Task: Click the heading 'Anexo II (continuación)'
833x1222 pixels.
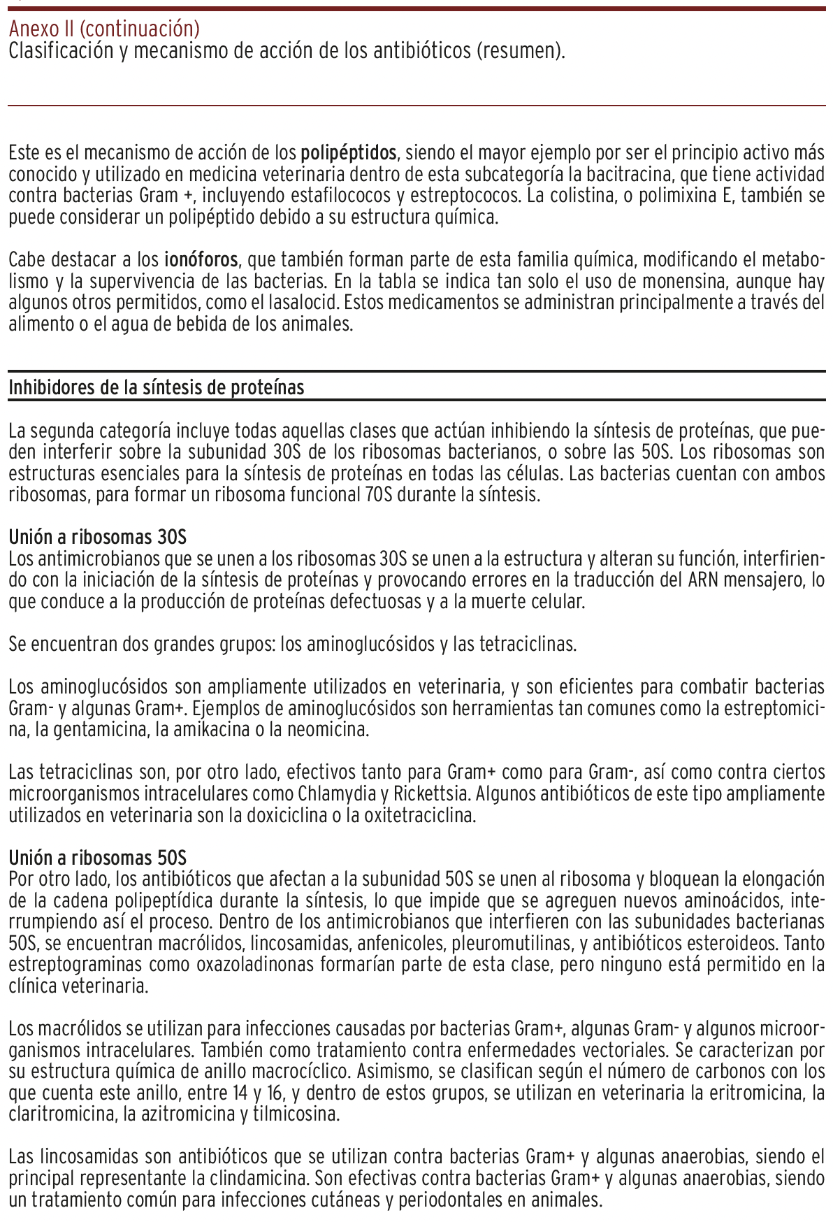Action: click(x=104, y=29)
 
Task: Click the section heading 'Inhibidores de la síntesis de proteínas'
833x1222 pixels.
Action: click(x=157, y=387)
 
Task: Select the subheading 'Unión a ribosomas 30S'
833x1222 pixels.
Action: click(x=98, y=538)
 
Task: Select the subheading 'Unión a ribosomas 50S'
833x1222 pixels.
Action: click(x=98, y=858)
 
